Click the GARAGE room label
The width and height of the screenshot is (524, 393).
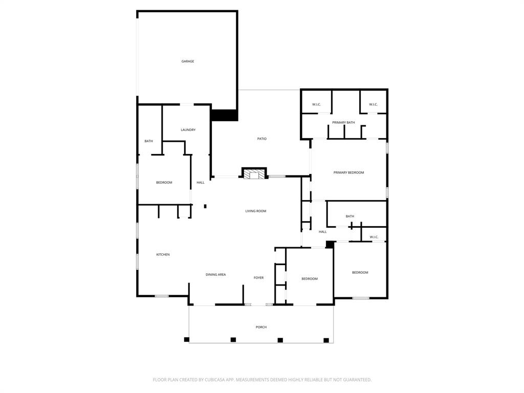tap(188, 61)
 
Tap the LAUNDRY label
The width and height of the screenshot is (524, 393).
tap(188, 130)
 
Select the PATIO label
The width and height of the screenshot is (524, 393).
tap(261, 139)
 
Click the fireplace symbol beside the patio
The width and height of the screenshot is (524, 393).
tap(254, 174)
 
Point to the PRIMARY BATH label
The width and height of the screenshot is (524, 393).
tap(343, 122)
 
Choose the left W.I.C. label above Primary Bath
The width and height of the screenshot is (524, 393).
tap(316, 105)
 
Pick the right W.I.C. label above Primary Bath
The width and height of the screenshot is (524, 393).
tap(373, 105)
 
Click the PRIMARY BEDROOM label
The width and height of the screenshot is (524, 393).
tap(348, 172)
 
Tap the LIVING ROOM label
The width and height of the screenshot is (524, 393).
tap(255, 211)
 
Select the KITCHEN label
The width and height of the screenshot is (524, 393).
tap(163, 254)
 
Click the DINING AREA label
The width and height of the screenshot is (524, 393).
tap(215, 275)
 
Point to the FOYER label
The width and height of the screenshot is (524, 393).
tap(258, 278)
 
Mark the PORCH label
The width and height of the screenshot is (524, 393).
tap(261, 327)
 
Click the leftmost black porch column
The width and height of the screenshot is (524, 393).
tap(187, 339)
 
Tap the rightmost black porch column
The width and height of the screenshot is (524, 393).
tap(326, 340)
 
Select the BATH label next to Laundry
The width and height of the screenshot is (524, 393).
tap(148, 141)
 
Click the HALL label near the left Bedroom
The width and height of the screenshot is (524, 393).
tap(201, 183)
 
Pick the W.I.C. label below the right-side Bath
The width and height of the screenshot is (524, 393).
tap(374, 237)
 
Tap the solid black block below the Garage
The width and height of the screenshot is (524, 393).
tap(224, 115)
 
